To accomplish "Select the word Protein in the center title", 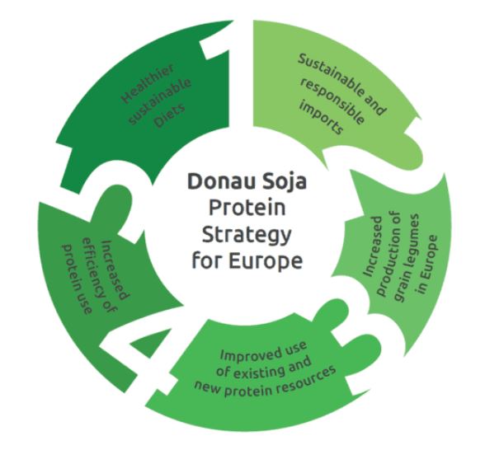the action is click(x=247, y=208).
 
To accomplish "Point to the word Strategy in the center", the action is click(x=247, y=236).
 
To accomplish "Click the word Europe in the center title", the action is click(x=266, y=262).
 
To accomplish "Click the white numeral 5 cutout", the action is click(x=102, y=198).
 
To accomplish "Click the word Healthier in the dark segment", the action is click(x=148, y=84).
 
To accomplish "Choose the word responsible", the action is click(x=332, y=101).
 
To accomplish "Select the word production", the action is click(x=390, y=254).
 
